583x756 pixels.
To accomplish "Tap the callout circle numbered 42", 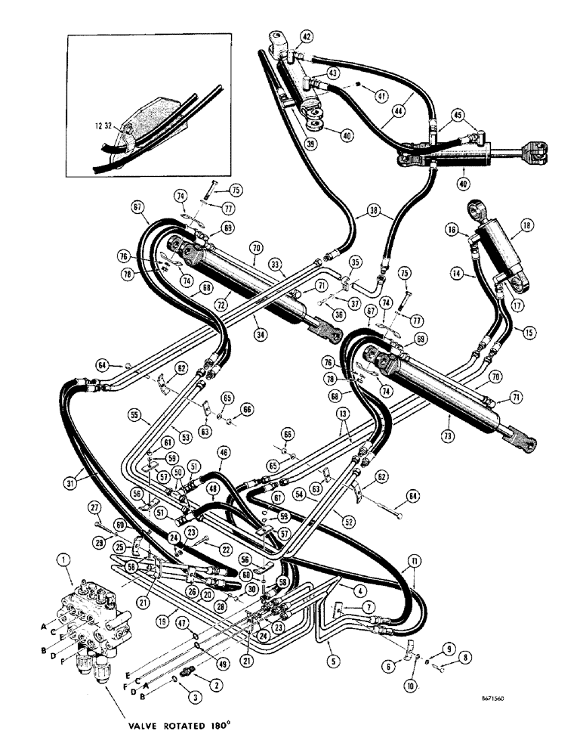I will pyautogui.click(x=305, y=36).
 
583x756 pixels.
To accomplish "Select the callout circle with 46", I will pyautogui.click(x=223, y=453).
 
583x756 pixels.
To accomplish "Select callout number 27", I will pyautogui.click(x=95, y=507).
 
